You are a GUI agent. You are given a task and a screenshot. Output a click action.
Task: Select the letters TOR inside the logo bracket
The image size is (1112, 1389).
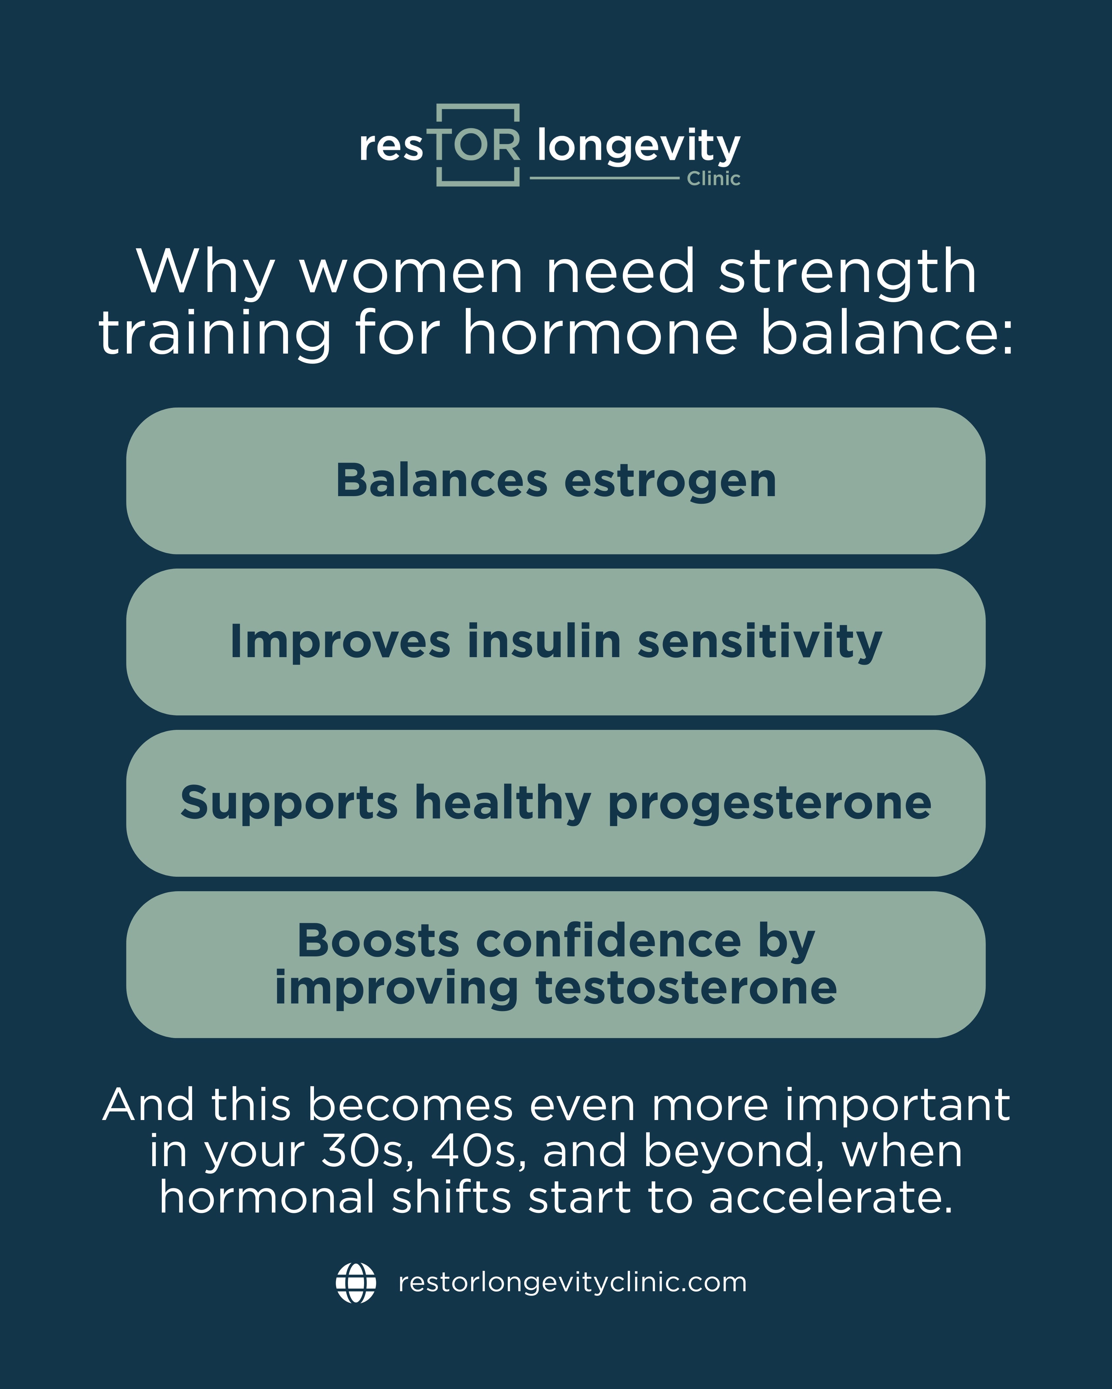478,146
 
